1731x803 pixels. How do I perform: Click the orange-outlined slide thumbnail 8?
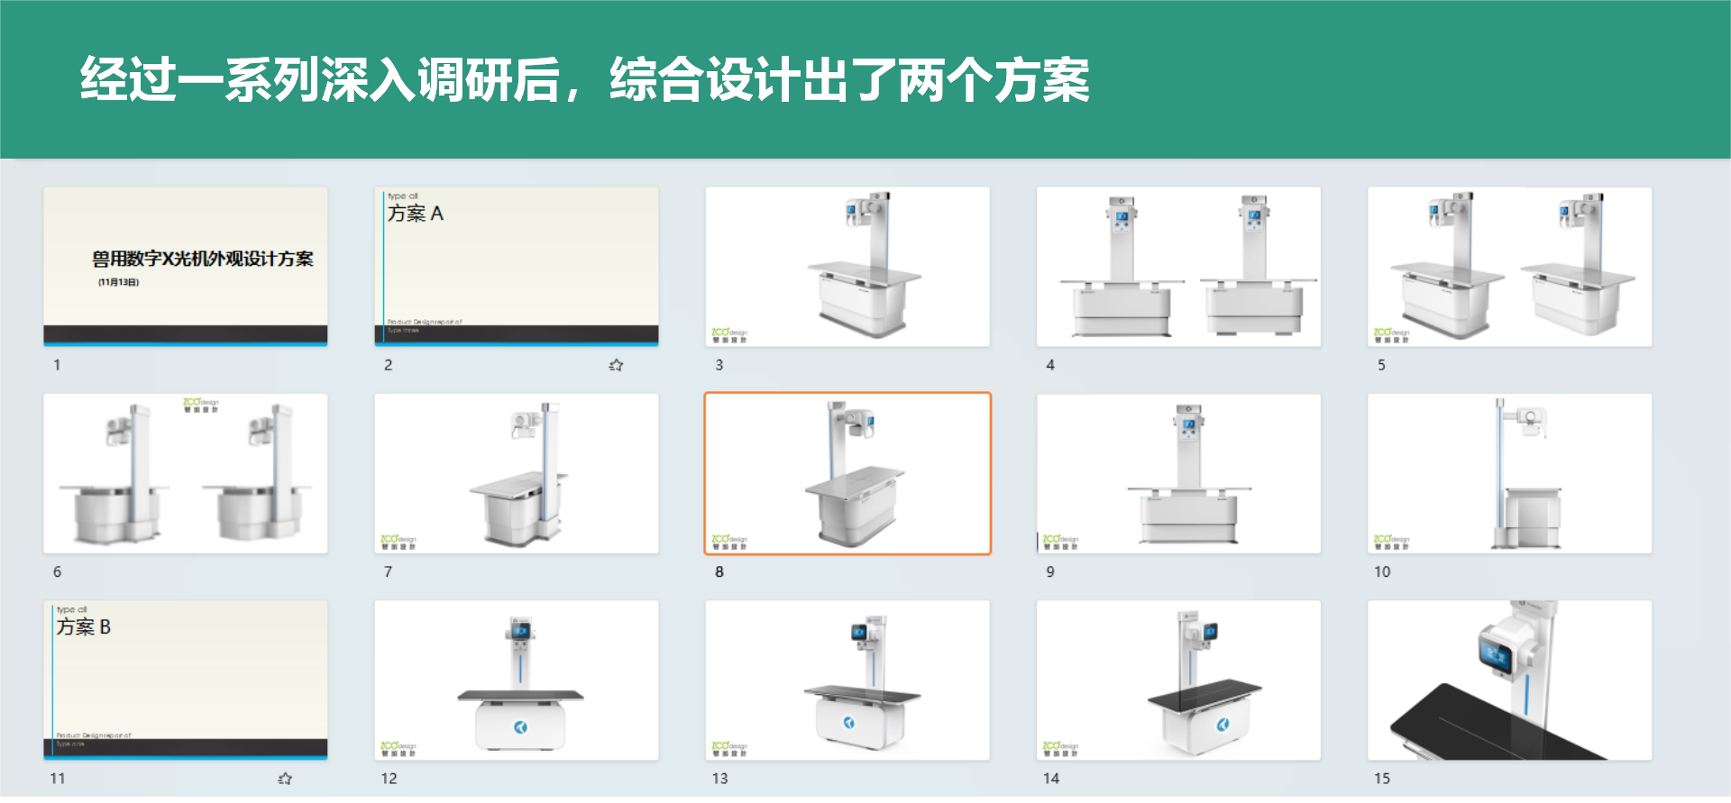click(x=847, y=473)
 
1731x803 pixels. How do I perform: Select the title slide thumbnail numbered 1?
click(x=185, y=266)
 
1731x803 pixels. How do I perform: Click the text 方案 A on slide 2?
click(x=416, y=214)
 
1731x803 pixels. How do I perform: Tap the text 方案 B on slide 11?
click(x=84, y=627)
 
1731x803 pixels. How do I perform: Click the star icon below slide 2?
click(x=616, y=365)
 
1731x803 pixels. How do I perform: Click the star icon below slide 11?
click(x=285, y=779)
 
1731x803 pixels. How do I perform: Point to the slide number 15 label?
click(x=1382, y=779)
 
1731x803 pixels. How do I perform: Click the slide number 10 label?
click(x=1382, y=572)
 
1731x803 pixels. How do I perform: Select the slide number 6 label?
click(x=57, y=572)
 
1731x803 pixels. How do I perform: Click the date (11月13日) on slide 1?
click(x=118, y=283)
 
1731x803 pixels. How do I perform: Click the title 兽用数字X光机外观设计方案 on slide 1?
click(x=202, y=260)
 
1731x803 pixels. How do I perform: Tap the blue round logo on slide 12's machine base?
click(x=521, y=727)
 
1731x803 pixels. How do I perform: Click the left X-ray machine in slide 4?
click(x=1122, y=270)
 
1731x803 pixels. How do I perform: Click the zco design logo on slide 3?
click(x=728, y=335)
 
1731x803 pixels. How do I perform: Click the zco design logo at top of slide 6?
click(x=200, y=405)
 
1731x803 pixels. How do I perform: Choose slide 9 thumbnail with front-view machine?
click(x=1178, y=473)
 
